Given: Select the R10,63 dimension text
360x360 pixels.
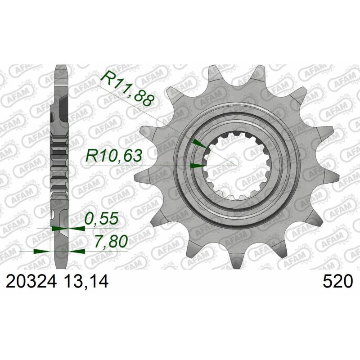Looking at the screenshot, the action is pos(114,156).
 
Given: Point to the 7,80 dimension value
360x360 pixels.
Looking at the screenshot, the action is pos(111,242).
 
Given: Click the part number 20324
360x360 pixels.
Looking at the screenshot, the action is pos(31,282).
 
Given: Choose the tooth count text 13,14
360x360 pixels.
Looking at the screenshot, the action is pos(86,282).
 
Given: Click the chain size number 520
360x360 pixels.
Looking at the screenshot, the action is pos(337,282).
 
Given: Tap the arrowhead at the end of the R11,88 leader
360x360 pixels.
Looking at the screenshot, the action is pos(199,144).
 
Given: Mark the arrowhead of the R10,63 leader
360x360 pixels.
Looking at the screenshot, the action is pos(198,166).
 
